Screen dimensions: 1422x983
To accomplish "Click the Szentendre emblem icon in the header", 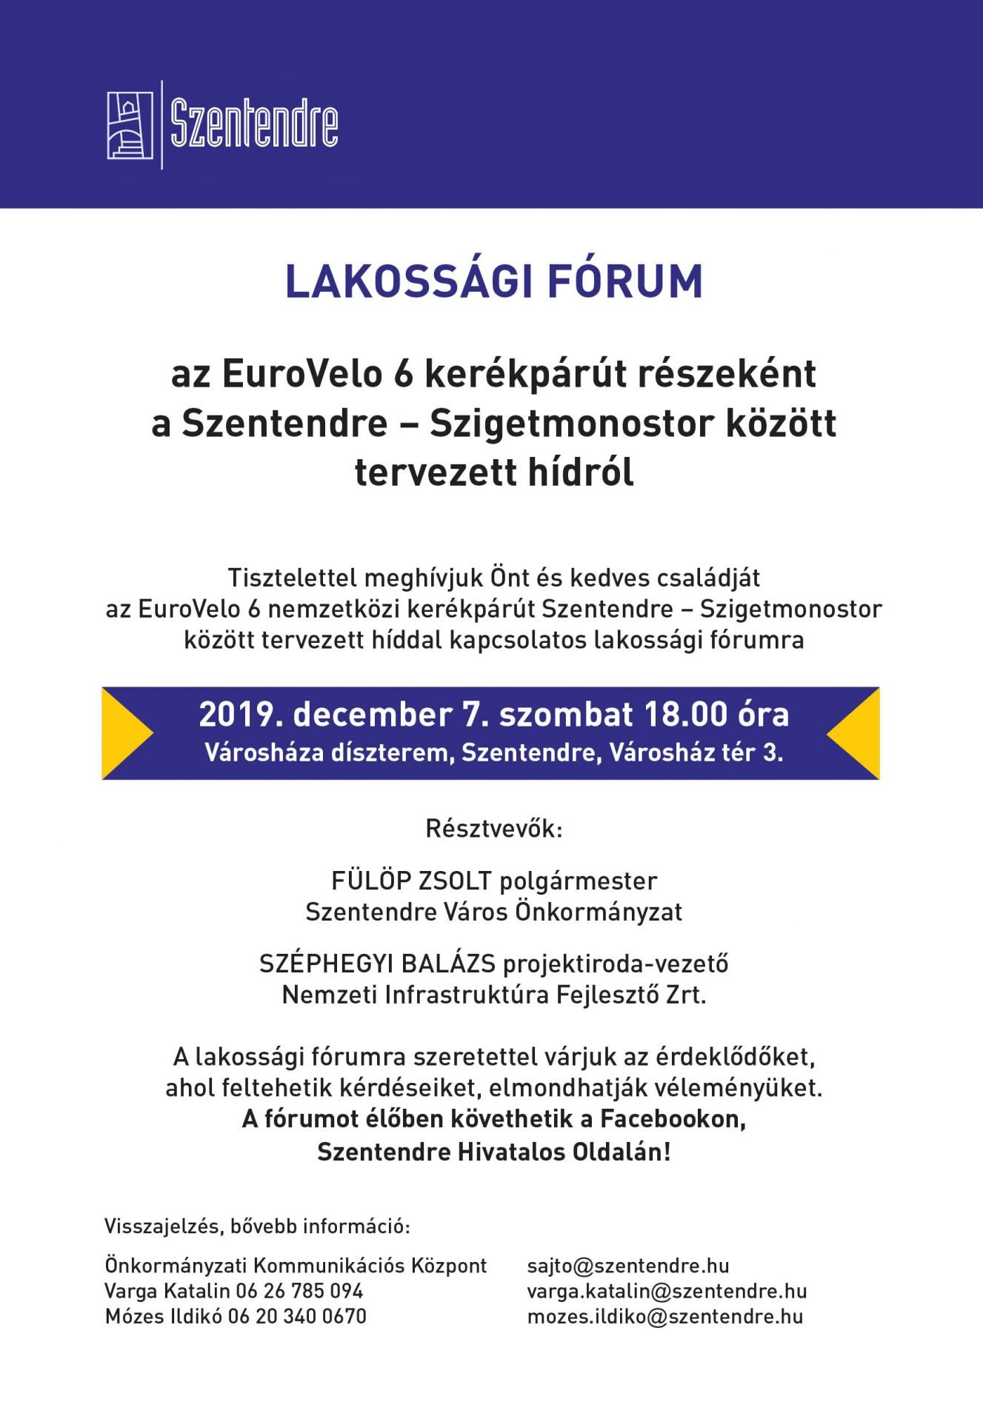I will [130, 124].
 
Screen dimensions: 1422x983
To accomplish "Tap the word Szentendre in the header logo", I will [254, 124].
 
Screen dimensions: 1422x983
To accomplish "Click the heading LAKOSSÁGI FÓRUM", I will [493, 282].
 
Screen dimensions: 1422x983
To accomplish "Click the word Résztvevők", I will [493, 829].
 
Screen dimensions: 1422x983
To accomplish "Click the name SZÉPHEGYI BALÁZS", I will [377, 964].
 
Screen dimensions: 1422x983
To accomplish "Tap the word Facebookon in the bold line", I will [672, 1118].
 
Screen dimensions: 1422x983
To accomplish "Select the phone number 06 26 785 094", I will [299, 1291].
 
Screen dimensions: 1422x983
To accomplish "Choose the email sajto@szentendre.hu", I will [628, 1266].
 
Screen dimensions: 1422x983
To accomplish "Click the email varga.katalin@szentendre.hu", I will [667, 1291].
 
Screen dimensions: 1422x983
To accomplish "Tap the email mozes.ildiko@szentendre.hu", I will [665, 1316].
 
